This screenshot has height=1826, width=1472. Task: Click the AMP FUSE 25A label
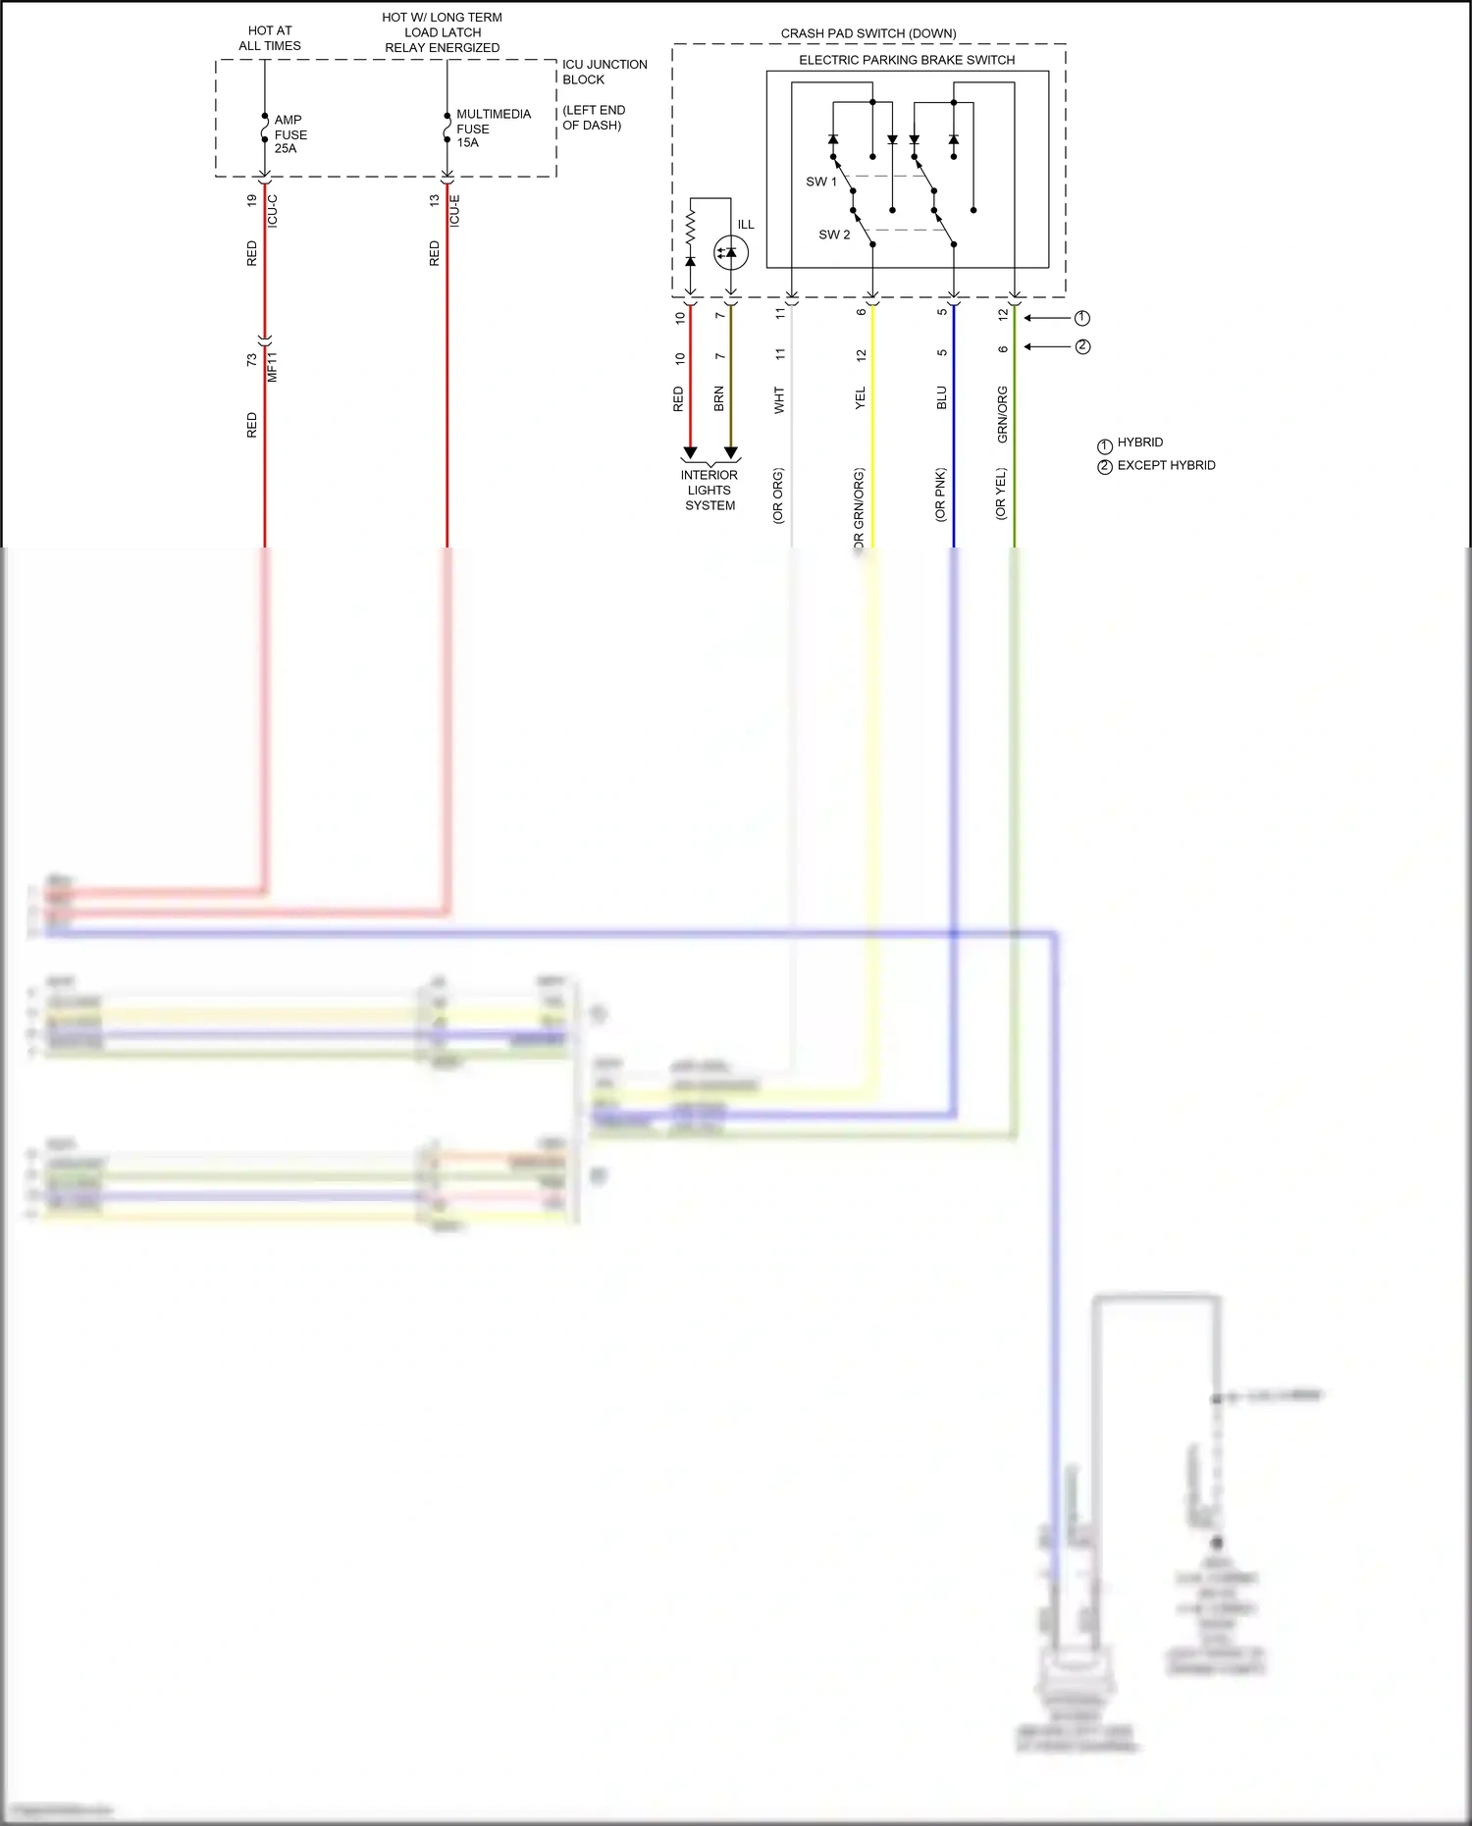289,134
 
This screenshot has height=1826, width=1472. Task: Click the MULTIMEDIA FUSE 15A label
493,129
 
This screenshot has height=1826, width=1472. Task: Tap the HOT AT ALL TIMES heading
270,38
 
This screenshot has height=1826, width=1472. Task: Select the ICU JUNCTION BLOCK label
604,72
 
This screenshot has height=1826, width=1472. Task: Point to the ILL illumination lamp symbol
730,252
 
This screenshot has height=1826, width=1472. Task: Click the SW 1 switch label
821,182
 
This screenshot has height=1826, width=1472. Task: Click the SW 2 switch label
834,235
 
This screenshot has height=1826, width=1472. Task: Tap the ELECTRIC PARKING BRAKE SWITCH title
907,60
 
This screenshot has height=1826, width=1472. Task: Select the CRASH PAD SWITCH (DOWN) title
868,33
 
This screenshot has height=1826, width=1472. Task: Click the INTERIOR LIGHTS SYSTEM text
710,490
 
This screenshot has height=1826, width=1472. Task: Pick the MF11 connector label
272,367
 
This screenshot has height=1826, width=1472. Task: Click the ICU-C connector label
272,211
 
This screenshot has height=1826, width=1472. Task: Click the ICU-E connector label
454,211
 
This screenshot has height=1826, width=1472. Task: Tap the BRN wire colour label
718,398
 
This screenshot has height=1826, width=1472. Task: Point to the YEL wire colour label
861,397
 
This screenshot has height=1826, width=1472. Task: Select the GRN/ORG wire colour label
1002,414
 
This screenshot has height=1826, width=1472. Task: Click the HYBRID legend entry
1139,443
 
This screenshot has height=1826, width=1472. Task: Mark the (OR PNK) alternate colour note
940,494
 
